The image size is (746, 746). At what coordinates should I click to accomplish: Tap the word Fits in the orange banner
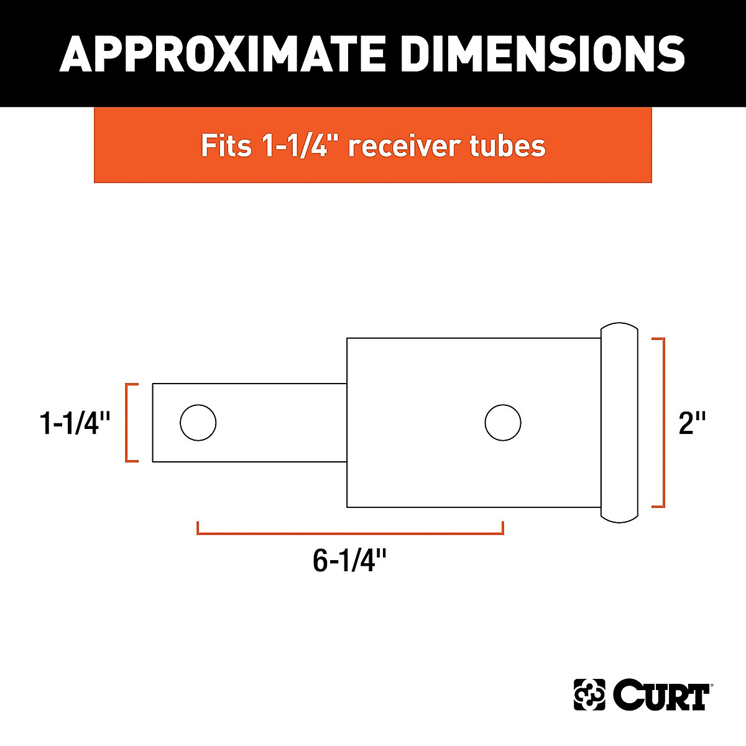click(x=226, y=146)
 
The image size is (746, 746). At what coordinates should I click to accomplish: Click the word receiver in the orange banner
click(x=407, y=146)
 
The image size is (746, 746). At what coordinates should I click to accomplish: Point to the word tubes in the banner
click(x=508, y=146)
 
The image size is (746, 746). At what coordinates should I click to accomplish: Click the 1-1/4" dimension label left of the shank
click(x=75, y=423)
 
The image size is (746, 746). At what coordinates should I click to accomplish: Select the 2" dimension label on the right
click(x=692, y=423)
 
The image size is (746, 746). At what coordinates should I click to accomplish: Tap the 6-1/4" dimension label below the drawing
click(x=349, y=561)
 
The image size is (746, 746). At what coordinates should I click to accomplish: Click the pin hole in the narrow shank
click(x=198, y=423)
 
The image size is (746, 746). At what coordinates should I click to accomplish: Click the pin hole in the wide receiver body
click(x=503, y=423)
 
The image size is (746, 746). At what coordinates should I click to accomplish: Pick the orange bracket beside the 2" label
click(x=663, y=423)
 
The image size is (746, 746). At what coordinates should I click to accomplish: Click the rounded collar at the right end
click(x=619, y=423)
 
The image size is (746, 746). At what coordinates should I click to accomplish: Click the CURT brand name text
click(x=661, y=696)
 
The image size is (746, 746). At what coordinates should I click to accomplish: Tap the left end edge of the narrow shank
click(x=153, y=423)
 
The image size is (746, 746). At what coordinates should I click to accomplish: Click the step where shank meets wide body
click(x=347, y=423)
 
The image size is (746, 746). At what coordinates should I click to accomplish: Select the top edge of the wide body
click(x=472, y=338)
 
